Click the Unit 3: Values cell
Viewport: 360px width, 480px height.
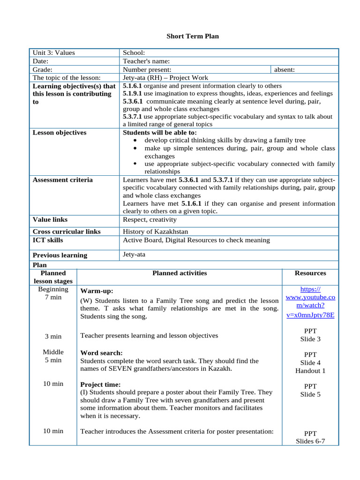pos(53,53)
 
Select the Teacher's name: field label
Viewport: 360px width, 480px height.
pos(146,61)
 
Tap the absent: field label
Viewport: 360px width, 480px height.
pos(284,70)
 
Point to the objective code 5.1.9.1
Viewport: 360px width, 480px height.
pos(133,94)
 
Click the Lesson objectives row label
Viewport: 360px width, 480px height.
pos(60,133)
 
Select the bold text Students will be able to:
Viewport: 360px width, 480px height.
pos(159,133)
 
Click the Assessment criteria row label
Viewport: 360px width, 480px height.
pos(62,180)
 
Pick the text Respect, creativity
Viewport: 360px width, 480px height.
pos(150,219)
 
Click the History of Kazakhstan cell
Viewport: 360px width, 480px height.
pos(156,232)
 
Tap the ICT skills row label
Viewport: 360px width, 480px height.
pos(48,240)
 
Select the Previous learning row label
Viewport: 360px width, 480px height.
pos(60,255)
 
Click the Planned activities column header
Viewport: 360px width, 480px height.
pos(180,273)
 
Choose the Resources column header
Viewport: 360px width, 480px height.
pos(310,273)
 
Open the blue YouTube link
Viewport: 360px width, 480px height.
pos(310,302)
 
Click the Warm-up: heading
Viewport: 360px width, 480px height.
pos(97,291)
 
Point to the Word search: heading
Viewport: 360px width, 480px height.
pos(102,353)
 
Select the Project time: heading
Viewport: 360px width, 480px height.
pos(100,384)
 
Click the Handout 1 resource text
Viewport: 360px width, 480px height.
pos(310,371)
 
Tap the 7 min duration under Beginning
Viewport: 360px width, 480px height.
pos(53,298)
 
